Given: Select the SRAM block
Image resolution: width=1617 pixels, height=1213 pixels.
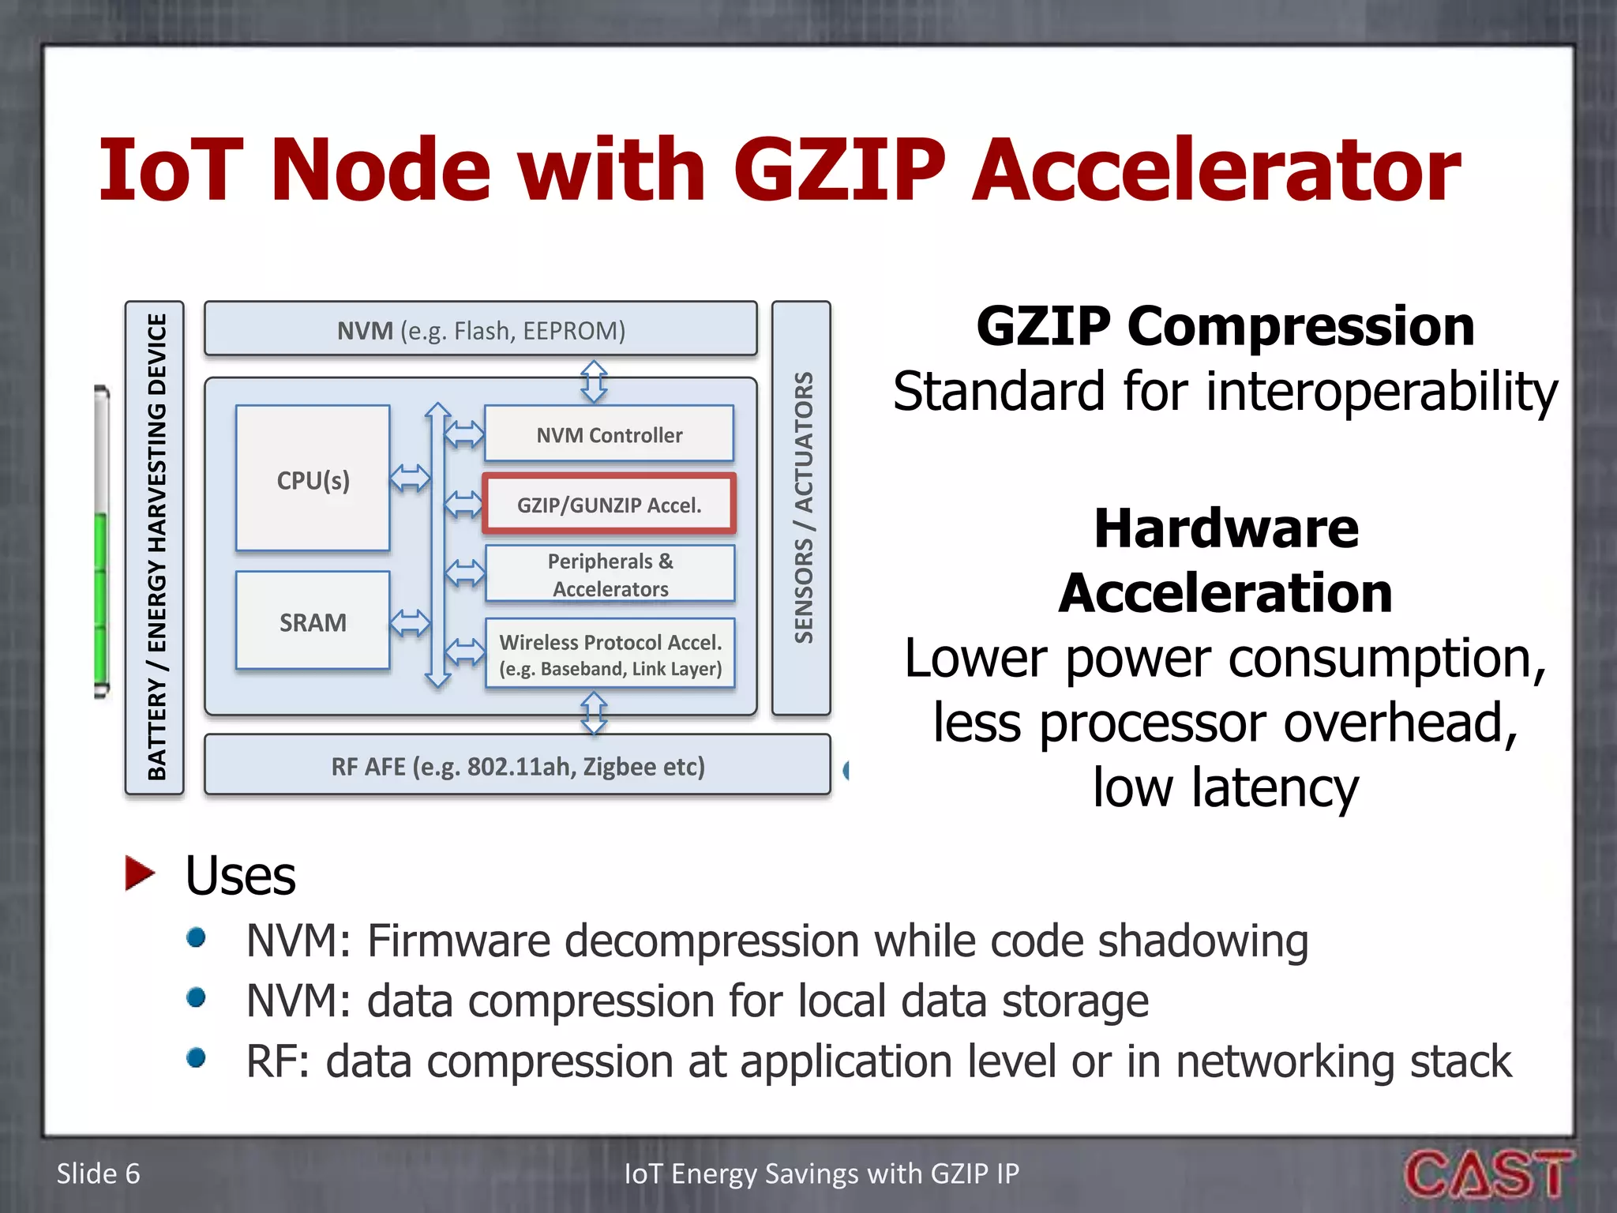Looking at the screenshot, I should [x=313, y=621].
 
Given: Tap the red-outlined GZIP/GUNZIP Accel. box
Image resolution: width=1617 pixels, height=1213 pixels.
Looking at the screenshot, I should [x=609, y=504].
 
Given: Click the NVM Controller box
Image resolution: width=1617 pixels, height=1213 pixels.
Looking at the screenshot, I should [x=609, y=434].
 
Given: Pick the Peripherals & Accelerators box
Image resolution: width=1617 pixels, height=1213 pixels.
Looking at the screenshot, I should [x=610, y=574].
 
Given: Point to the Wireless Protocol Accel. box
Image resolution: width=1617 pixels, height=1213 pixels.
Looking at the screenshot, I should [x=610, y=654].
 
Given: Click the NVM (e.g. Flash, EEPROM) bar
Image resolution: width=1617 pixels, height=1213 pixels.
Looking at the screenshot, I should [x=480, y=329].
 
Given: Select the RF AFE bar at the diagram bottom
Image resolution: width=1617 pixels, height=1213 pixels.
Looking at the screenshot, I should [x=517, y=765].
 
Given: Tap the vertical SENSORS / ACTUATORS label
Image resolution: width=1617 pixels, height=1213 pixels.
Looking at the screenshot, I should [x=802, y=508].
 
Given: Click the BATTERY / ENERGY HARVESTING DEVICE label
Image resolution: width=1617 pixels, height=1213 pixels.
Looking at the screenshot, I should [x=156, y=547].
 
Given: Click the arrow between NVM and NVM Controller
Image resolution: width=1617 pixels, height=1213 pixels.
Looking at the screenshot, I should [x=594, y=381].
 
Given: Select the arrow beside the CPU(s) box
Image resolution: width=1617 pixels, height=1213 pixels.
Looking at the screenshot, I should [x=411, y=477].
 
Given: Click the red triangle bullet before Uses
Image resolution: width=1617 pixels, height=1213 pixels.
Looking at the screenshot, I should [x=140, y=873].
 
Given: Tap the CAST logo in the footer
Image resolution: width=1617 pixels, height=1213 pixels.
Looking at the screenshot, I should [x=1488, y=1173].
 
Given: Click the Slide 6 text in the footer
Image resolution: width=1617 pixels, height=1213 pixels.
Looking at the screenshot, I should [x=98, y=1174].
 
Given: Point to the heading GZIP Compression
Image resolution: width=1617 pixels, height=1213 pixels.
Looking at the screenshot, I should [x=1225, y=325].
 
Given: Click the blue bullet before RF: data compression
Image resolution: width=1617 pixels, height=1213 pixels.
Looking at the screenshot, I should [x=196, y=1057].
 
